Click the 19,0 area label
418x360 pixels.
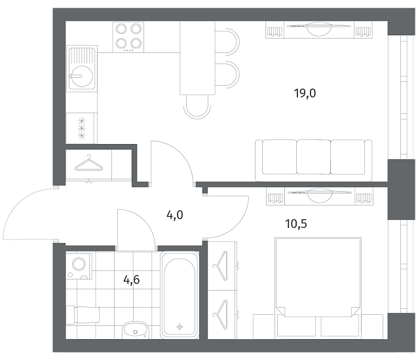tap(305, 94)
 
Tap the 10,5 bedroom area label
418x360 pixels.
tap(296, 225)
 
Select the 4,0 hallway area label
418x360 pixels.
tap(175, 215)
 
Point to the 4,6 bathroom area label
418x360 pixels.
tap(132, 280)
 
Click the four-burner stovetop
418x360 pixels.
tap(128, 37)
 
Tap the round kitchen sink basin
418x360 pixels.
tap(82, 76)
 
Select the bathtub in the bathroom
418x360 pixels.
tap(180, 295)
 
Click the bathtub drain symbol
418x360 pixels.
tap(180, 327)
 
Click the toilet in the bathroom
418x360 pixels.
tap(83, 315)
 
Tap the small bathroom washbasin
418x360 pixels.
tap(135, 330)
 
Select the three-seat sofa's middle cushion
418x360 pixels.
tap(313, 157)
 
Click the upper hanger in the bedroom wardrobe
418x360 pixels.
tap(221, 266)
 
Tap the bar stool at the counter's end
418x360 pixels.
tap(197, 107)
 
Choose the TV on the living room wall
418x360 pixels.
tap(319, 29)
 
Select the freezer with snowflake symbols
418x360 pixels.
tap(82, 128)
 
